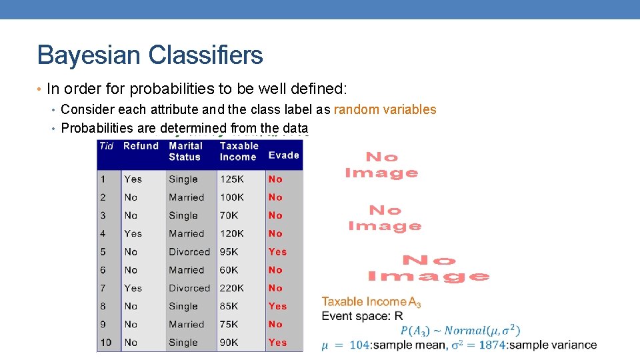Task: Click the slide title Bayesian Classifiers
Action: pos(150,55)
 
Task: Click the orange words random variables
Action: pos(385,109)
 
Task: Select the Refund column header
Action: pos(141,146)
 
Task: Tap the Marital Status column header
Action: pos(185,151)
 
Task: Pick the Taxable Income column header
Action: pos(239,151)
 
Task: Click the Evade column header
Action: pos(284,155)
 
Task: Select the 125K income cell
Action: pos(232,179)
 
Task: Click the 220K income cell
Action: pos(232,288)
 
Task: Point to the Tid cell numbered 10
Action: pos(107,343)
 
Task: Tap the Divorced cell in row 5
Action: pos(189,252)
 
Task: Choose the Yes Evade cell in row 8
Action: pos(277,307)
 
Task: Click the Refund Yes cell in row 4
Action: pos(133,234)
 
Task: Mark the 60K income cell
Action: pos(229,270)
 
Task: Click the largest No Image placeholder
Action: pos(429,268)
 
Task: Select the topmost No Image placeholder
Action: pos(381,165)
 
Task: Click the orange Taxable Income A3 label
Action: pos(371,302)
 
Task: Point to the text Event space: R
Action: pos(362,316)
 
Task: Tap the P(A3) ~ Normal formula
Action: pos(460,331)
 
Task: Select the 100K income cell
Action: pos(232,197)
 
